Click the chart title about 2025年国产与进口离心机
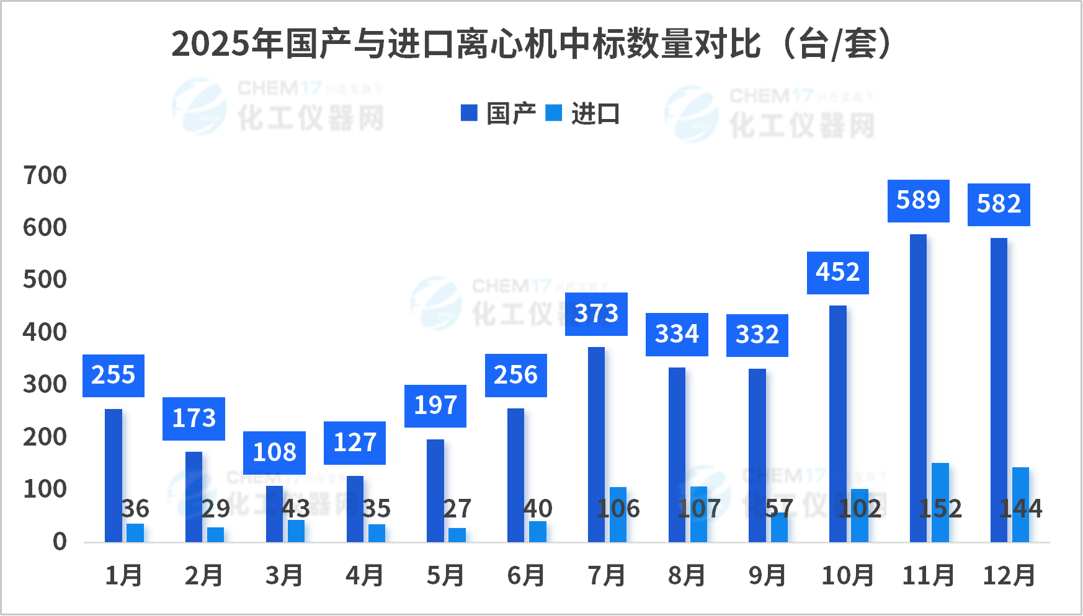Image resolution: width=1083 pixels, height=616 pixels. (x=532, y=44)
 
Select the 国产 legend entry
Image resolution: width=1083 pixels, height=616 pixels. (x=498, y=113)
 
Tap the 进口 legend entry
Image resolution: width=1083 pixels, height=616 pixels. (x=583, y=113)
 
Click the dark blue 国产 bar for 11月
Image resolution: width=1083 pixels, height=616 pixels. (x=918, y=388)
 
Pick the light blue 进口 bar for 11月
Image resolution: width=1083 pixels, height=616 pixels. (x=940, y=503)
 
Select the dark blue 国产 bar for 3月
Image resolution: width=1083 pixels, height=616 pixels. (x=274, y=514)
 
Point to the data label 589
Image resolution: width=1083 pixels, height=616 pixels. (x=918, y=201)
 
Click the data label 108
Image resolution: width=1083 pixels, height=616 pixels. (x=274, y=452)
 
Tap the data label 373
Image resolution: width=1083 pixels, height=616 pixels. (x=596, y=314)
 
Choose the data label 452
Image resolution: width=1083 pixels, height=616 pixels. (x=837, y=273)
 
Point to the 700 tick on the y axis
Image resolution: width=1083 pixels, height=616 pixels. (x=45, y=175)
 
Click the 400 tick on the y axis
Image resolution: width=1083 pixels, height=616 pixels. (x=45, y=332)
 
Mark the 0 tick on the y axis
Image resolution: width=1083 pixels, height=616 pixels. (x=60, y=542)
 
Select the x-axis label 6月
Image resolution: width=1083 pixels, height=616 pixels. (x=525, y=576)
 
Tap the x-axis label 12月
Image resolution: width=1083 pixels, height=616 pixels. (x=1009, y=576)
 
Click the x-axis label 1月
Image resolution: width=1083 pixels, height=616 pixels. (x=123, y=576)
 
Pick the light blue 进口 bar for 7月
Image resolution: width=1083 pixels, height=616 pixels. (x=618, y=514)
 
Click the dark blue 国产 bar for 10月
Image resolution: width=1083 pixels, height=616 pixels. (x=837, y=424)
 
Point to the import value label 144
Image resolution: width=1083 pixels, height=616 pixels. (x=1020, y=509)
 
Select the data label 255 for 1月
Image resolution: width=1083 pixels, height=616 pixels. (x=114, y=376)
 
